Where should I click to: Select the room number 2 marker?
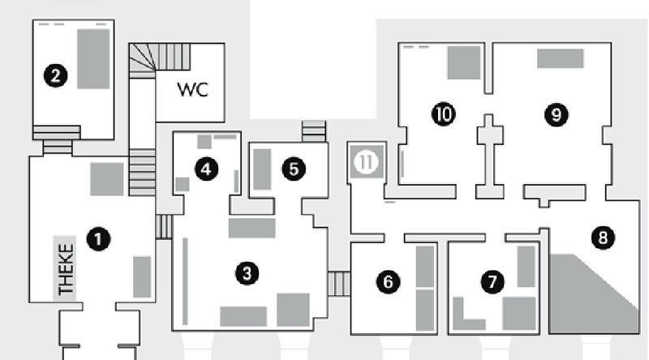point(56,76)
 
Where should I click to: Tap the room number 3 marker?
point(251,273)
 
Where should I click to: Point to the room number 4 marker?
point(207,169)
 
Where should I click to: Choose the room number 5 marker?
point(294,169)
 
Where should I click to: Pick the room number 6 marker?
point(389,281)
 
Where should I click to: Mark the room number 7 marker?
point(492,281)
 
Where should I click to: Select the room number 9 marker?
point(556,114)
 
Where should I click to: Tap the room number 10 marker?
point(443,114)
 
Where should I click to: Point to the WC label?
point(192,89)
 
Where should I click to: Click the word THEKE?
point(66,269)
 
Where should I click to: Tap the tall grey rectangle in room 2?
point(93,58)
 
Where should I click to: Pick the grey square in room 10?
point(464,62)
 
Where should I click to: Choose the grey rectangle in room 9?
point(560,58)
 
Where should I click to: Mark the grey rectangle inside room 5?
point(262,169)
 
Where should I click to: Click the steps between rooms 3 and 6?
point(339,284)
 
